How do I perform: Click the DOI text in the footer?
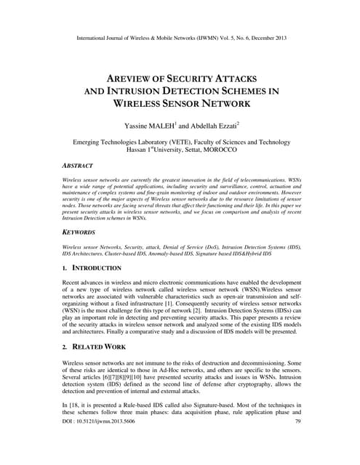[x=97, y=441]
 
